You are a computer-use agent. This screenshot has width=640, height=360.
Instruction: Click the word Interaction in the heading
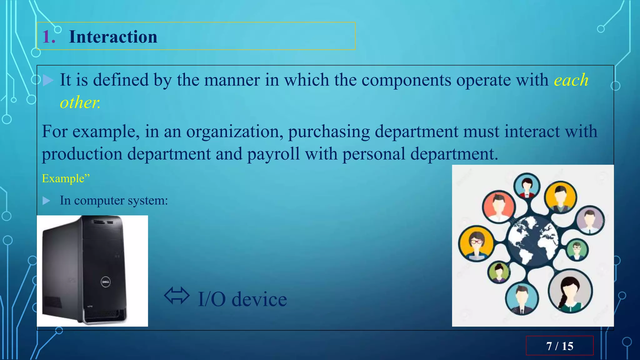tap(113, 37)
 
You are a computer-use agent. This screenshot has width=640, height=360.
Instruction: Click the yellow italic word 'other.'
tap(80, 102)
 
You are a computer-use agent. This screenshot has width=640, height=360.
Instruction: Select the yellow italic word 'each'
tap(571, 80)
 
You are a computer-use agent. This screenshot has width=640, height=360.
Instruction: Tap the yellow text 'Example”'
tap(66, 178)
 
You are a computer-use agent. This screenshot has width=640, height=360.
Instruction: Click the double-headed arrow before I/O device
tap(177, 296)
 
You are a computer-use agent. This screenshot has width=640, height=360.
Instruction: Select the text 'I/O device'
tap(242, 299)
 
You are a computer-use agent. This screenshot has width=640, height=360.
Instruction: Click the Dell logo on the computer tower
tap(105, 282)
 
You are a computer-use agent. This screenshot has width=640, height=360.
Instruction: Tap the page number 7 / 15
tap(559, 346)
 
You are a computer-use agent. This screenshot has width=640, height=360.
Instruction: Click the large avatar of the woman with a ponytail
tap(570, 291)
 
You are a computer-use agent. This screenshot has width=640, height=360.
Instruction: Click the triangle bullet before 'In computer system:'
tap(46, 201)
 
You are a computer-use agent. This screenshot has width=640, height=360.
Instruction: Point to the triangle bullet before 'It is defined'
tap(47, 80)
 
